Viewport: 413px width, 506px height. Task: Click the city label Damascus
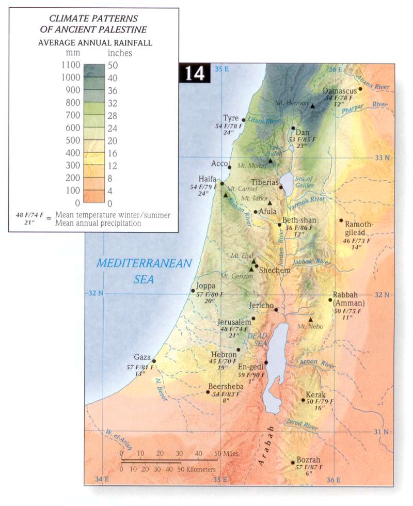(x=340, y=91)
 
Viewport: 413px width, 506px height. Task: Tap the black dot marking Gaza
(x=154, y=361)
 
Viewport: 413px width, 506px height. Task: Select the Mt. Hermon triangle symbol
(x=312, y=106)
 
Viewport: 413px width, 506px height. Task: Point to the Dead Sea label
(x=257, y=339)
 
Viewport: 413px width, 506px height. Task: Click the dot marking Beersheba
(x=208, y=392)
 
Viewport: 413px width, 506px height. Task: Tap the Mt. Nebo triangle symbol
(x=310, y=320)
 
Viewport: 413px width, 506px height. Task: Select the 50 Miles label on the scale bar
(x=226, y=453)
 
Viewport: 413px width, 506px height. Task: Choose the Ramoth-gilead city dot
(x=341, y=220)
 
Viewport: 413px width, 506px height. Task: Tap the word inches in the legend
(x=120, y=53)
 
